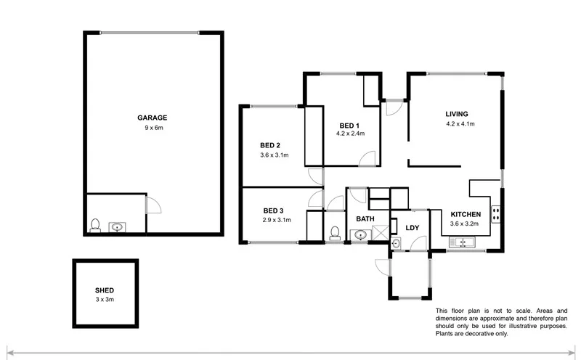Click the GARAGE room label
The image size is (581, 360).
click(x=153, y=118)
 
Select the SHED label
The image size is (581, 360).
click(x=105, y=290)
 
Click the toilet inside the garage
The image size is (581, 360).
click(x=94, y=226)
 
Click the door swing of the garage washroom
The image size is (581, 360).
click(x=153, y=204)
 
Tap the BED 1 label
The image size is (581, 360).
click(x=349, y=125)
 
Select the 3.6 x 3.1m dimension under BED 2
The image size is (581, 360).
click(x=275, y=155)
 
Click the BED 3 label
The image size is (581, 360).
click(x=274, y=210)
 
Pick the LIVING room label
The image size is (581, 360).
click(x=457, y=114)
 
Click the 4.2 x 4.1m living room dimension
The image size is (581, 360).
click(x=460, y=124)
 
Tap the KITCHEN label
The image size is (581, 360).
click(x=465, y=214)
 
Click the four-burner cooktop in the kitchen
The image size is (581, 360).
click(x=497, y=213)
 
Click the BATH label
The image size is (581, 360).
click(x=365, y=218)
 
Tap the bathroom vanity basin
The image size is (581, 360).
click(x=360, y=234)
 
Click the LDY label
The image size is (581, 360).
click(x=413, y=228)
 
